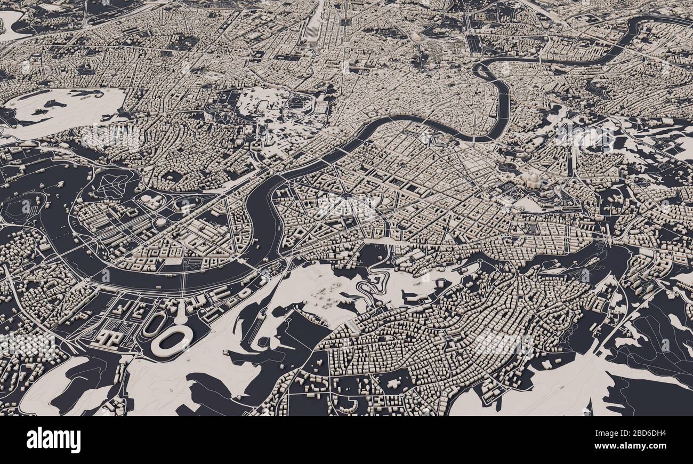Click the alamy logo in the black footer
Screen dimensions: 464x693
53,440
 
